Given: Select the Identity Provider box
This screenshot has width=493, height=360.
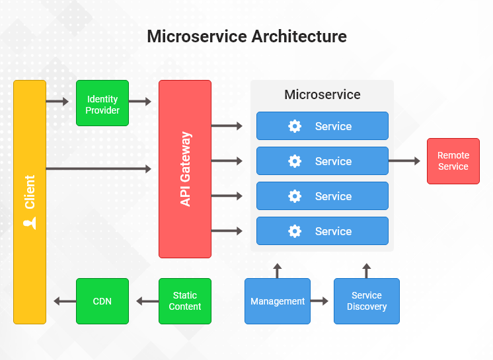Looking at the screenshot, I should (102, 103).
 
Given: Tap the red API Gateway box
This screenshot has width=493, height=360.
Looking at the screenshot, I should (185, 169).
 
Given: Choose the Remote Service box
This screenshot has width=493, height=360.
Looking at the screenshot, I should (453, 161).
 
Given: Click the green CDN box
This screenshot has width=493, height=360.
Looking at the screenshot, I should (102, 301).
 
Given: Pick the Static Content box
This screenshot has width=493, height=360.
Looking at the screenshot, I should (185, 301).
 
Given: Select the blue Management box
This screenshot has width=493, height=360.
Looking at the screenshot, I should (278, 301).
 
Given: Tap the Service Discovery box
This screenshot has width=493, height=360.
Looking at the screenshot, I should (366, 301).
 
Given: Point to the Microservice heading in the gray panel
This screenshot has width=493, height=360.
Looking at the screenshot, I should (322, 94).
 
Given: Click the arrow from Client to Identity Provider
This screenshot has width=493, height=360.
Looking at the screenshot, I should (57, 102).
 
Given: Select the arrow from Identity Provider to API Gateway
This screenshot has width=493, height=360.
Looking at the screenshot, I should (140, 102).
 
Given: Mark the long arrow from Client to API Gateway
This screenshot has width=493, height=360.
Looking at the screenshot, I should (99, 169).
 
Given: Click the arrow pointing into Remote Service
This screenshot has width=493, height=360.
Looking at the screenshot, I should (404, 161).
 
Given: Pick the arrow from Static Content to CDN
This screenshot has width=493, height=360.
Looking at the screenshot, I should (147, 301).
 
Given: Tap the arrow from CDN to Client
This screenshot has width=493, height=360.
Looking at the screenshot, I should (64, 301).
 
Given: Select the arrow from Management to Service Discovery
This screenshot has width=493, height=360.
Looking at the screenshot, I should (319, 301).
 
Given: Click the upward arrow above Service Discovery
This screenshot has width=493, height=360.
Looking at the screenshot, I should (367, 270).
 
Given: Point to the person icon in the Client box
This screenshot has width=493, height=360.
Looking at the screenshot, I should (30, 223).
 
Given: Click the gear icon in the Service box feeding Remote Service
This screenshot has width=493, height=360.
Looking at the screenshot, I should (295, 161).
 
